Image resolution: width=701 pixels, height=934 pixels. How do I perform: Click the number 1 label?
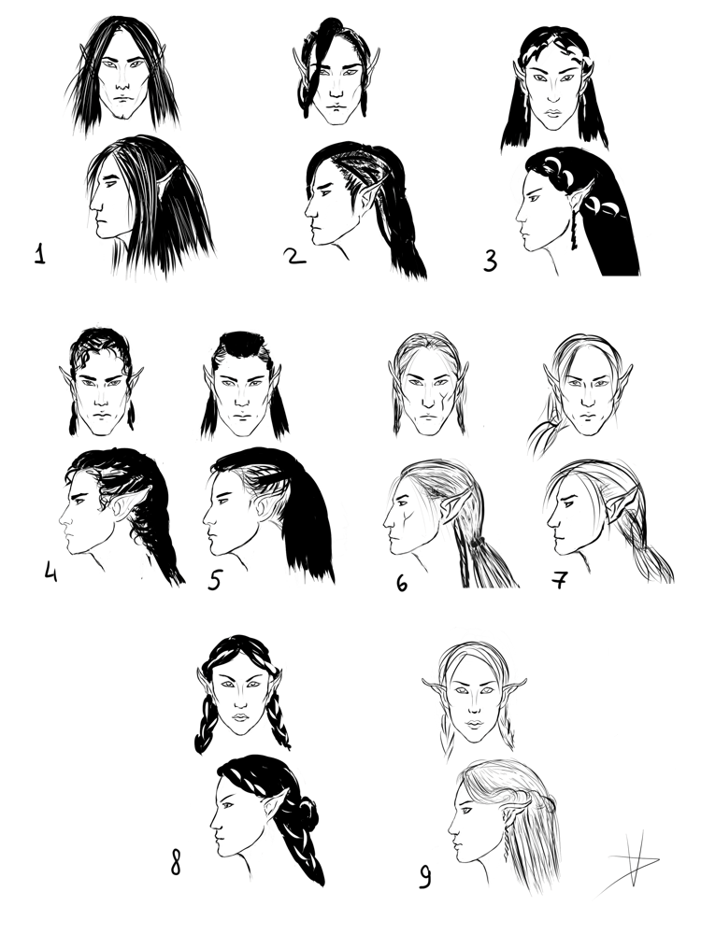[40, 254]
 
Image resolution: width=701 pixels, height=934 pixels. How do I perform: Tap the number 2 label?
[294, 256]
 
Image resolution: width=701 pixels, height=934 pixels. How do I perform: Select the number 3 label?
[490, 261]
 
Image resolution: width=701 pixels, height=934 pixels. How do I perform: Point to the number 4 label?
[50, 572]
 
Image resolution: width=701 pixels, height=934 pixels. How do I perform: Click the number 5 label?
[215, 579]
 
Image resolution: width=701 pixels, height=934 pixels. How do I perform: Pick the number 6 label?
[402, 583]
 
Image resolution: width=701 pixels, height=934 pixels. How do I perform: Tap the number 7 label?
[560, 580]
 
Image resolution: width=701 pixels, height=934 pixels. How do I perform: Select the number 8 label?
[176, 862]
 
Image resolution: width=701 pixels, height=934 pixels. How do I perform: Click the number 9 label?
[424, 876]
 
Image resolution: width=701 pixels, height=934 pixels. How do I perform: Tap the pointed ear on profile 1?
[167, 183]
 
